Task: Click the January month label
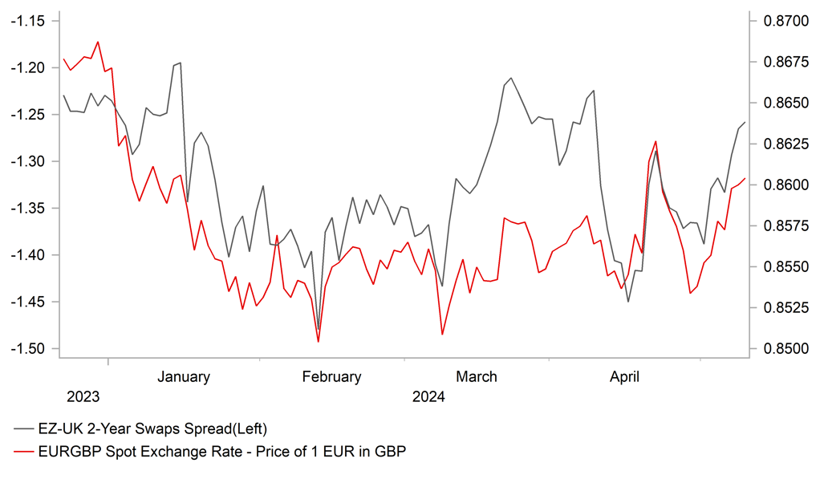coord(183,376)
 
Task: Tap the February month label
coord(331,376)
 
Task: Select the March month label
coord(476,376)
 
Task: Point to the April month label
coord(624,376)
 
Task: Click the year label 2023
coord(83,397)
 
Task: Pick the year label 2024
coord(428,397)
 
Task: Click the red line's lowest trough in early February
coord(319,342)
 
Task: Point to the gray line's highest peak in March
coord(511,78)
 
